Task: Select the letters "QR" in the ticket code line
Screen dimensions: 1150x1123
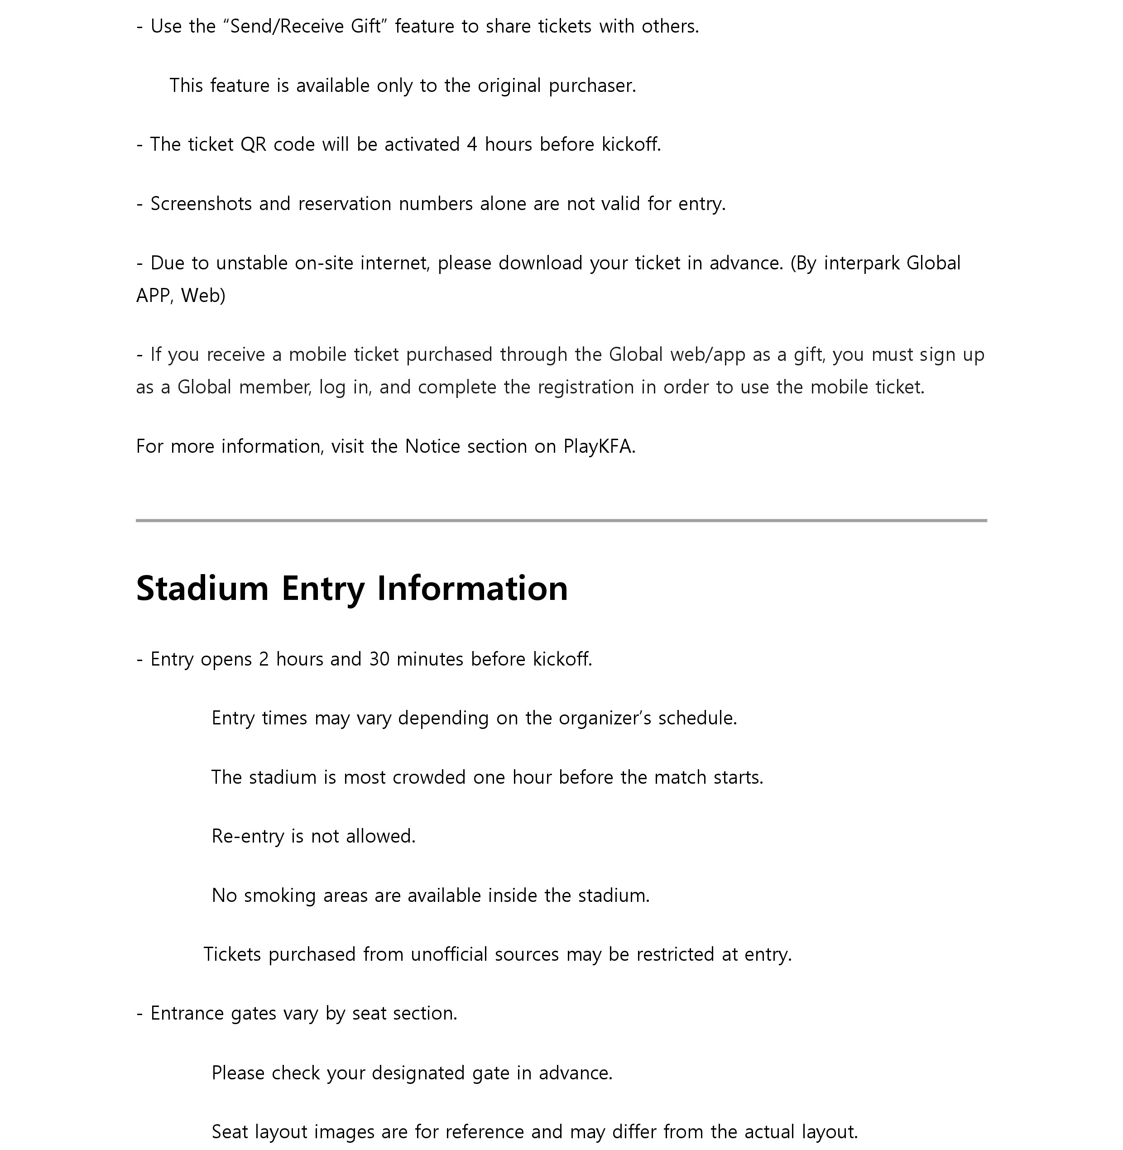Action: click(x=253, y=144)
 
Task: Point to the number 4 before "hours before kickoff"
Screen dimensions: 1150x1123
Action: click(x=471, y=144)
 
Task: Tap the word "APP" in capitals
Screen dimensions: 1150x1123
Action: click(x=154, y=296)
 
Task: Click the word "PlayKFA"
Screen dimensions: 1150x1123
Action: click(x=598, y=446)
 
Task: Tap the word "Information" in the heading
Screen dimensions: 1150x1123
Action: click(x=472, y=588)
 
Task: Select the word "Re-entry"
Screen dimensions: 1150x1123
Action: click(x=248, y=836)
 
